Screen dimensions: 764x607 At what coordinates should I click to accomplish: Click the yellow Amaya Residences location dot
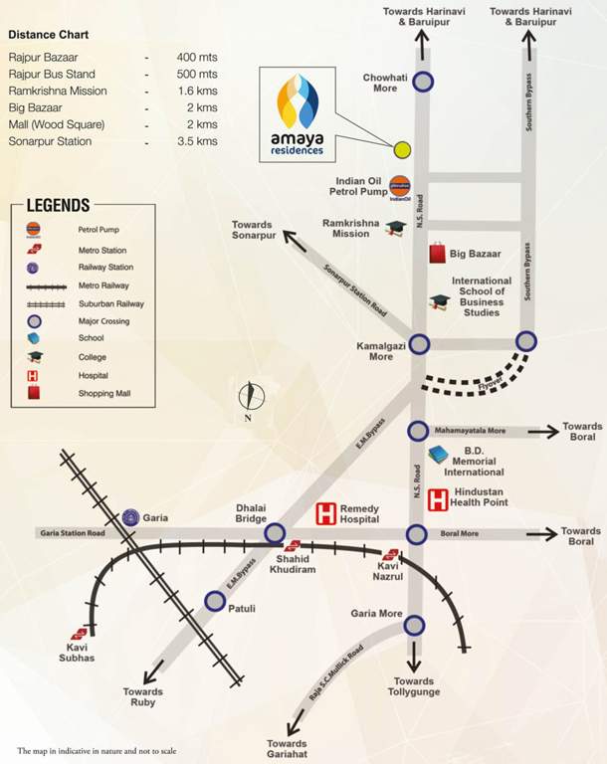(x=402, y=150)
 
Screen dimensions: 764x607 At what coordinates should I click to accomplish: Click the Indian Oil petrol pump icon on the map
(x=401, y=185)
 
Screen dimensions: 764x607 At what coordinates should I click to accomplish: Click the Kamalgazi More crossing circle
(x=420, y=343)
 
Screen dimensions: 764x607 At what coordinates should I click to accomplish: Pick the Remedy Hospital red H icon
(x=325, y=513)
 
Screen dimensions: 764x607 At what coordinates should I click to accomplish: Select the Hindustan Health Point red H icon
(x=438, y=499)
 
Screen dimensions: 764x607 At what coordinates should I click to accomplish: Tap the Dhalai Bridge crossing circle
(x=276, y=533)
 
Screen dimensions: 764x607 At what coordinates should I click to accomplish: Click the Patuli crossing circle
(x=214, y=600)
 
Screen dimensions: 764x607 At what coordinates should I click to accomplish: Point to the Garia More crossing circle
(x=413, y=625)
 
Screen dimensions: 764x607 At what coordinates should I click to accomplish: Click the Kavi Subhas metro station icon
(x=78, y=634)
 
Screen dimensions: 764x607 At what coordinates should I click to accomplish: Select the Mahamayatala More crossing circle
(x=418, y=431)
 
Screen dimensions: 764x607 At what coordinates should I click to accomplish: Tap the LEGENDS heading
(x=58, y=205)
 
